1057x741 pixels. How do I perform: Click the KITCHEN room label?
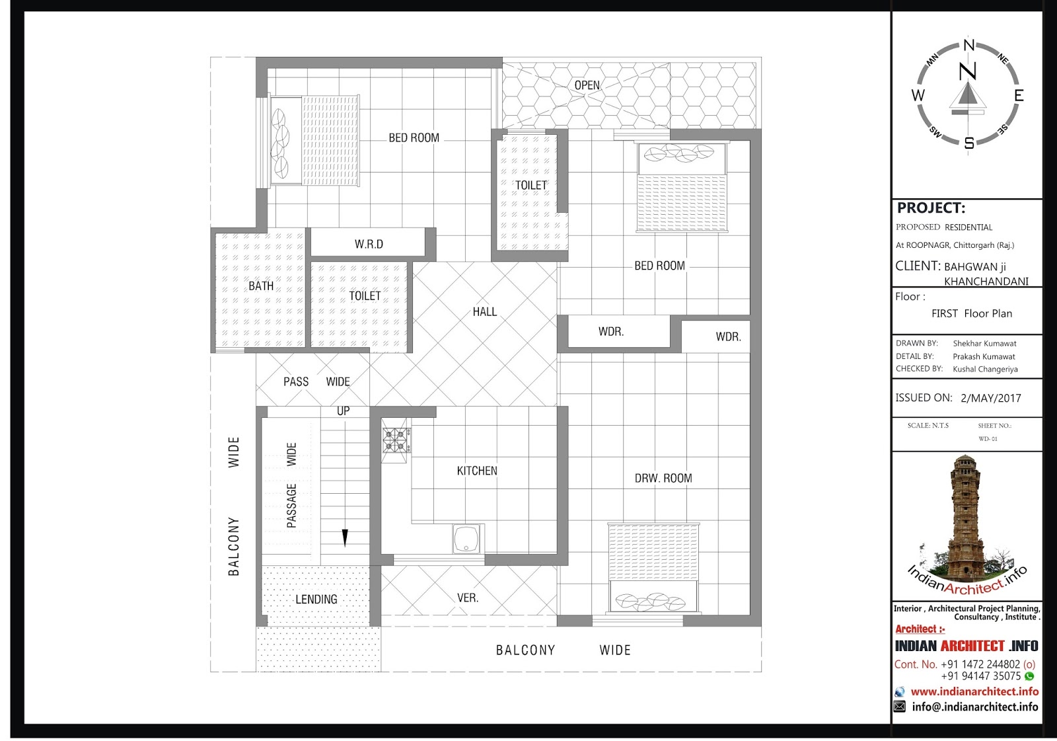477,471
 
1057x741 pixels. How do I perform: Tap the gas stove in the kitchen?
396,440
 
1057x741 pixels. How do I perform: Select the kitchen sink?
466,538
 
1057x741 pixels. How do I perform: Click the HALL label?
485,312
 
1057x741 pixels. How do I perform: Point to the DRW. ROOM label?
663,479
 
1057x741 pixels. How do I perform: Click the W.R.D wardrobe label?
369,244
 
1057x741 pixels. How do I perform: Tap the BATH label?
261,286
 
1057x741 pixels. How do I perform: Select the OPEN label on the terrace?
587,85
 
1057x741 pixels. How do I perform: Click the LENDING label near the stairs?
316,600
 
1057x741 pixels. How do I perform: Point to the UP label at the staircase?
343,411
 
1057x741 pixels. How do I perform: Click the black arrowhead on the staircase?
345,537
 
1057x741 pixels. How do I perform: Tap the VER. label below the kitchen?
468,598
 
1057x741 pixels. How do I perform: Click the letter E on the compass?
1019,96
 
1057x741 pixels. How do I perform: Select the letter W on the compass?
918,95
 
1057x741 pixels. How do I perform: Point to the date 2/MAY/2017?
991,398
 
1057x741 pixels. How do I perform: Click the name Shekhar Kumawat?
985,343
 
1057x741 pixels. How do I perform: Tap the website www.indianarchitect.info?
974,691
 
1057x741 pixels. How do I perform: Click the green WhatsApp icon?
1030,676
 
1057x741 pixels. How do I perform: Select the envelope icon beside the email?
900,707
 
